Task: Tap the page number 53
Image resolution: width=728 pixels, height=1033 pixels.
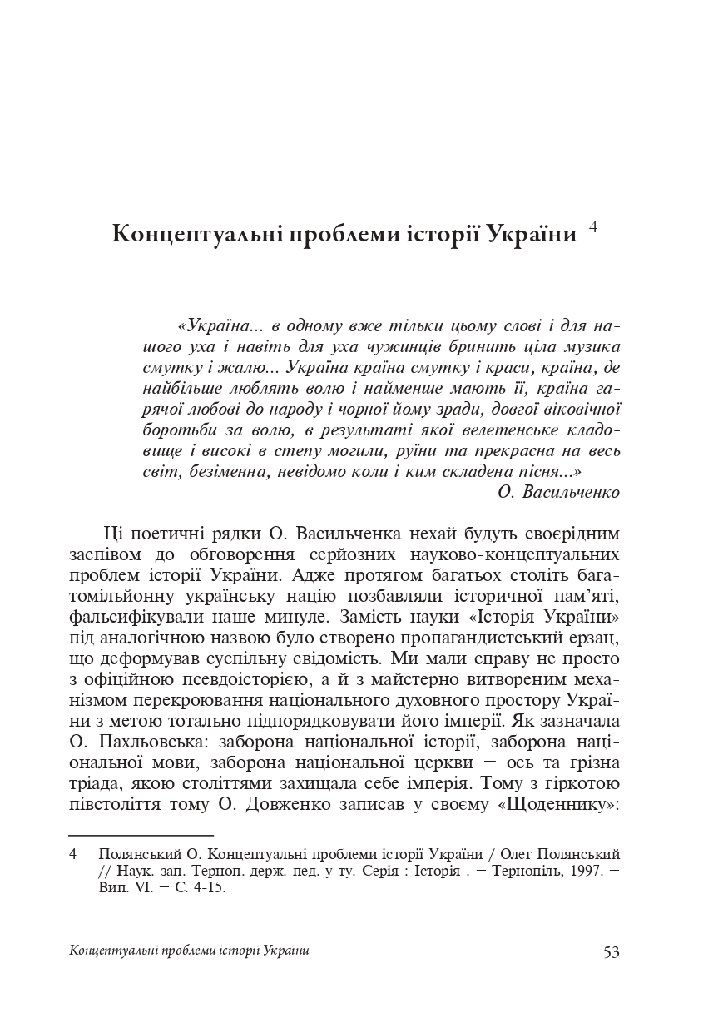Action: click(612, 952)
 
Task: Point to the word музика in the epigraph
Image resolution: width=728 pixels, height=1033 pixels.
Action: click(590, 345)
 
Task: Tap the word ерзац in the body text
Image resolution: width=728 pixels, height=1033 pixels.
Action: click(596, 618)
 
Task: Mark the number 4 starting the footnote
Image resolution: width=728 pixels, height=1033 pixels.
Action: click(74, 855)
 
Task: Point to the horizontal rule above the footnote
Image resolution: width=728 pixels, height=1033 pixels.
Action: click(141, 833)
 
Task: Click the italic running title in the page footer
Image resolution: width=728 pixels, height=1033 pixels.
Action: click(191, 951)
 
